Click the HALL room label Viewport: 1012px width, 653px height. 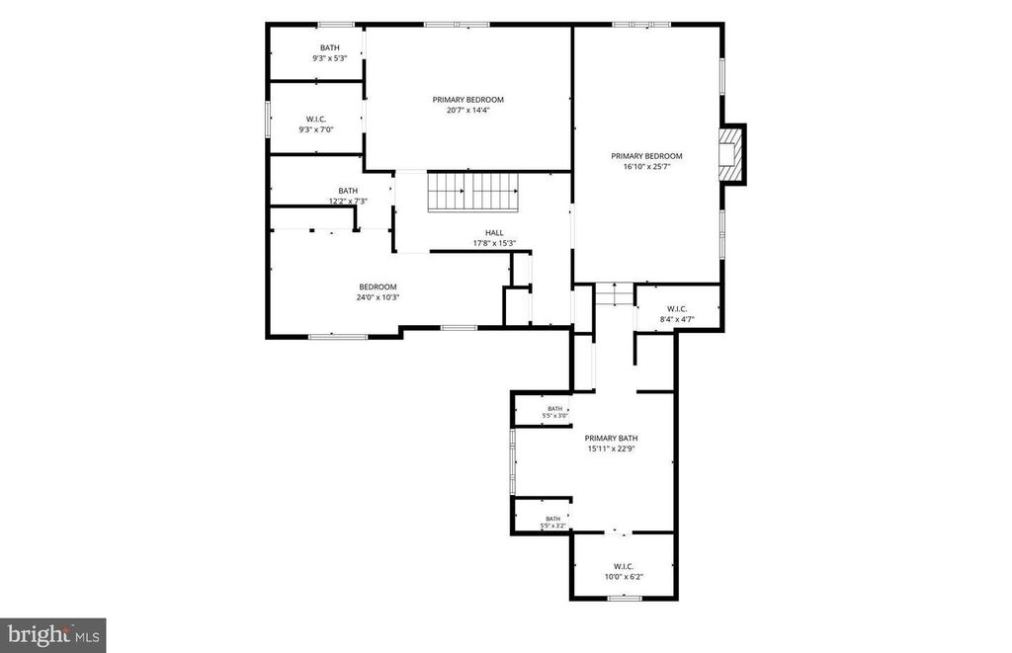[494, 233]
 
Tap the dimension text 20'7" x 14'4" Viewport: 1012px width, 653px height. [467, 111]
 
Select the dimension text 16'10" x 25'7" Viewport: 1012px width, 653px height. [646, 167]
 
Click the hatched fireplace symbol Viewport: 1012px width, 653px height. [730, 155]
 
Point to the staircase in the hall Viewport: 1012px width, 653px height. [473, 192]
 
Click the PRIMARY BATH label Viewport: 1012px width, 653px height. [611, 438]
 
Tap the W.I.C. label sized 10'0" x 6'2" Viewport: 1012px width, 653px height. [624, 566]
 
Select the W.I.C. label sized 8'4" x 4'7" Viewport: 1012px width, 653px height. [677, 309]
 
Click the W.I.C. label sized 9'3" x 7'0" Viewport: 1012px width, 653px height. [316, 120]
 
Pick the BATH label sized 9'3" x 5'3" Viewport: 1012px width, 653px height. [330, 47]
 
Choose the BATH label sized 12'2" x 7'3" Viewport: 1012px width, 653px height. [348, 191]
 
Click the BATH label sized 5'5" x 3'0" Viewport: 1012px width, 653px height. [555, 408]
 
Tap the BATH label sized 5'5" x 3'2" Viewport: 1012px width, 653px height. [553, 519]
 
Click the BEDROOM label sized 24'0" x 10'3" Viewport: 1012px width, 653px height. [379, 287]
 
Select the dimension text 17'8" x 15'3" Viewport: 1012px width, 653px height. [494, 243]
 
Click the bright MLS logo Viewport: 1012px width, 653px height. [53, 635]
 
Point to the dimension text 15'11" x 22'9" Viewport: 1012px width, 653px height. [611, 449]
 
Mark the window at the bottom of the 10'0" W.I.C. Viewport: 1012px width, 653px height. [625, 598]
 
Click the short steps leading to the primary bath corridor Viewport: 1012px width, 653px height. [615, 294]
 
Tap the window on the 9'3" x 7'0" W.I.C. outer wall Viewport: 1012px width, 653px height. [267, 119]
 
